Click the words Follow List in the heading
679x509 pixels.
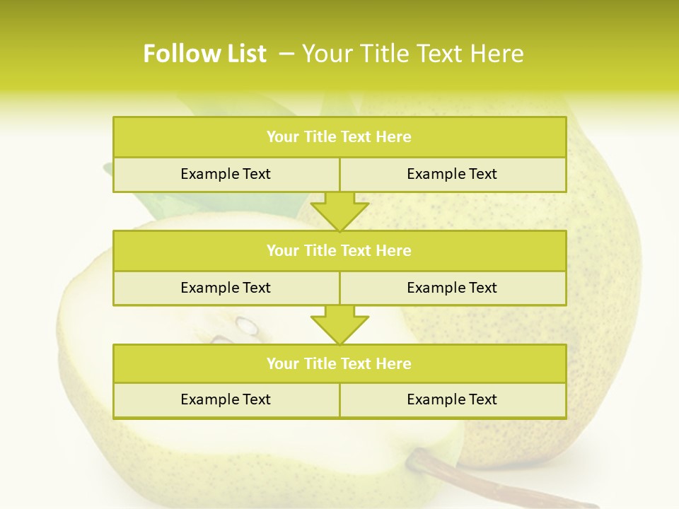(204, 54)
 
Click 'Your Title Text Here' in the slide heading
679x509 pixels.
(412, 54)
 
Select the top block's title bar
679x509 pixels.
(339, 137)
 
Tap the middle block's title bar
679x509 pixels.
(339, 250)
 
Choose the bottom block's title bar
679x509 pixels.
(339, 363)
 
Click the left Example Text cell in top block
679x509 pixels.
(226, 174)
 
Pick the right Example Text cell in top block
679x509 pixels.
(452, 174)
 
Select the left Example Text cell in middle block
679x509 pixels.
(226, 288)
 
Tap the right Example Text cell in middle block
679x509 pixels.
(452, 288)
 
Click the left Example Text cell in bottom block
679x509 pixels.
(226, 399)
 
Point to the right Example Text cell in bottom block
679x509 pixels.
(452, 399)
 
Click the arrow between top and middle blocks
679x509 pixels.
(339, 211)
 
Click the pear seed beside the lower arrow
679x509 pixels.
(247, 325)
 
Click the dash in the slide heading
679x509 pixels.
(286, 54)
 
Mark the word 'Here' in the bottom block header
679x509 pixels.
(394, 363)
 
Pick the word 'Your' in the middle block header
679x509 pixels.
(282, 250)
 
